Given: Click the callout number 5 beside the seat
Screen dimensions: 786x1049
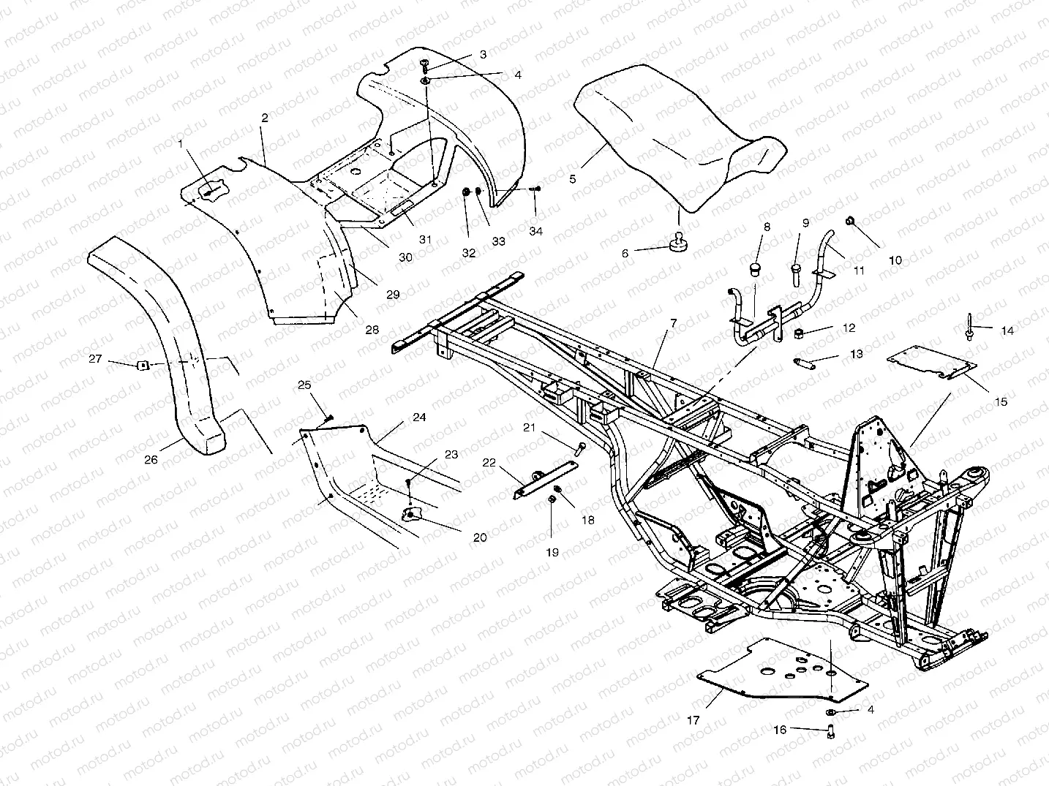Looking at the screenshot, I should [x=573, y=178].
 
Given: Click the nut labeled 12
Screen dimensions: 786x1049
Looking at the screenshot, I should [x=800, y=333].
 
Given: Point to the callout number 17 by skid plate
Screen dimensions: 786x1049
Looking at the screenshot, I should [x=693, y=720].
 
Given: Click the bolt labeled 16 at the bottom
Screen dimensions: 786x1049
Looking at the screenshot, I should [x=831, y=729].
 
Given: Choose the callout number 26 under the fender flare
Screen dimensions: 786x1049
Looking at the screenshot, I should [x=151, y=461].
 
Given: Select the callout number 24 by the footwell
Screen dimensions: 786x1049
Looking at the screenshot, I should [x=419, y=417].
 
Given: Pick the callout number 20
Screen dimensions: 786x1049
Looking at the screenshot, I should [x=480, y=537].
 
